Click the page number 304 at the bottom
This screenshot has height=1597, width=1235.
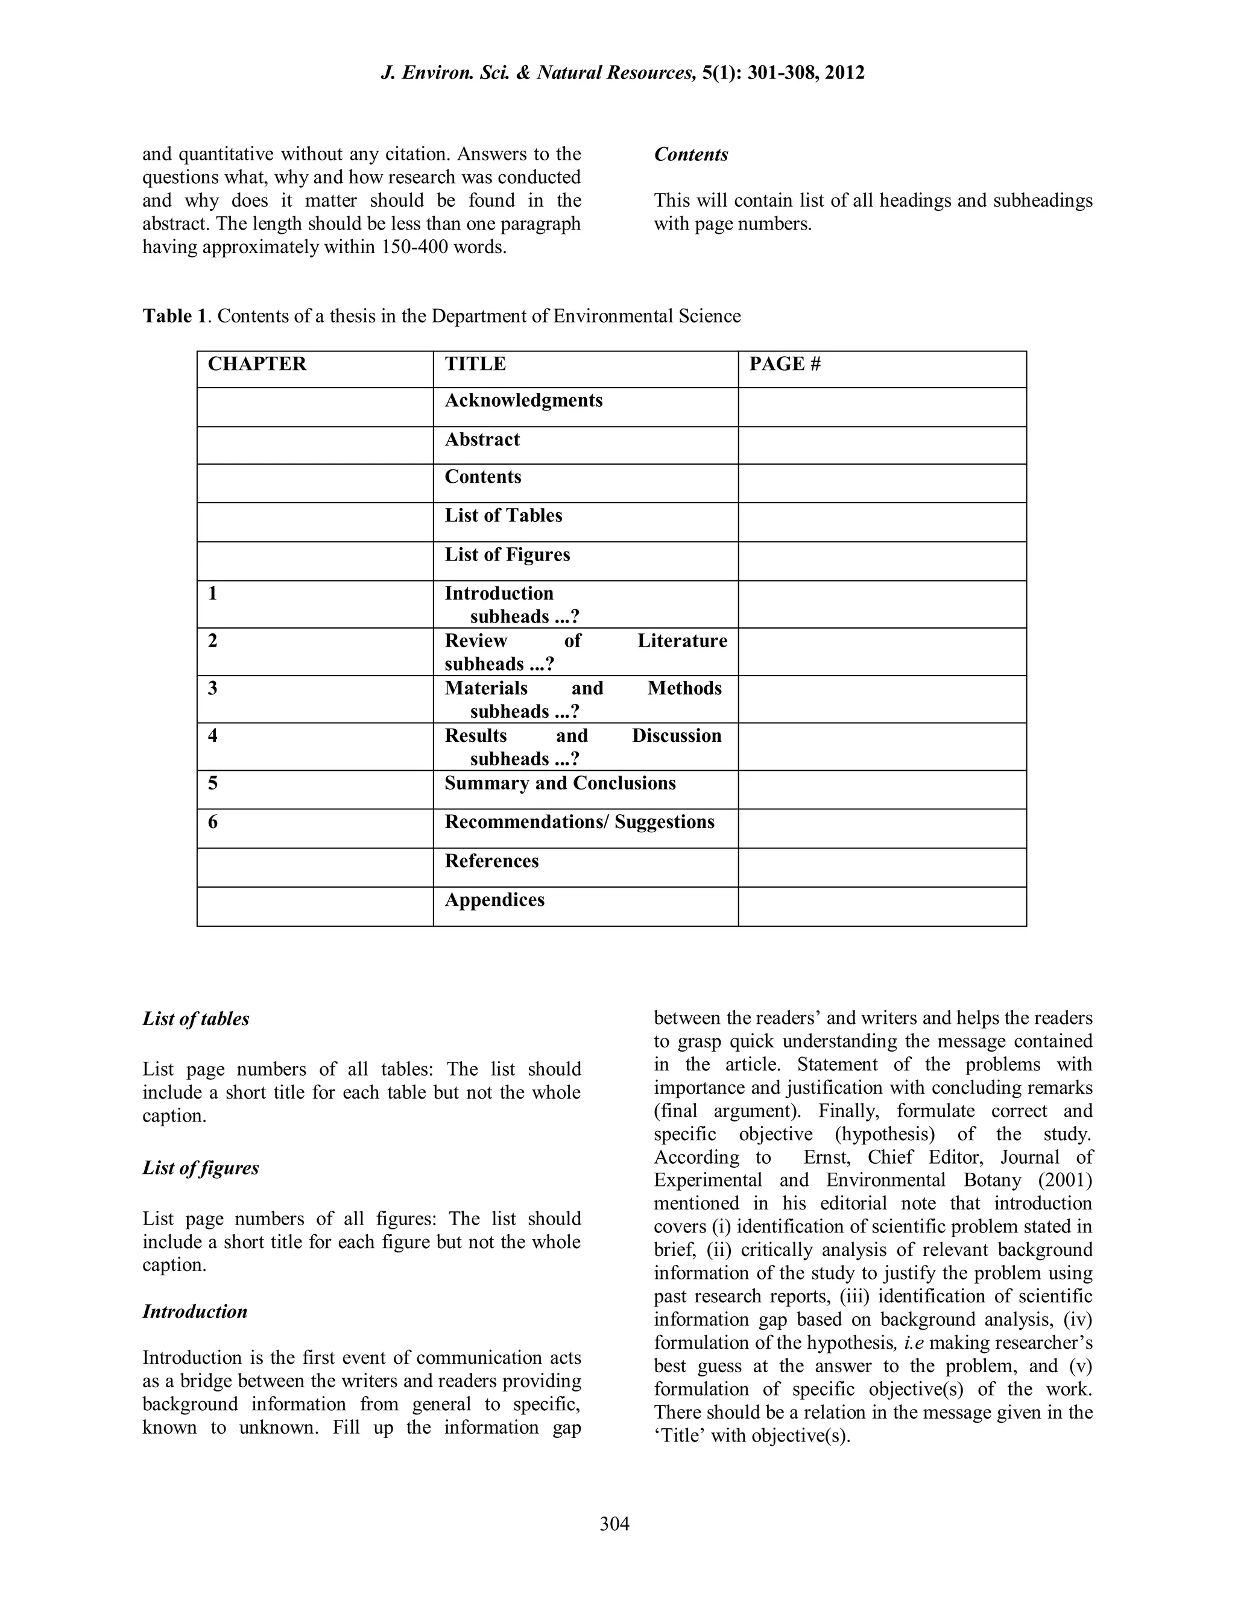[x=614, y=1524]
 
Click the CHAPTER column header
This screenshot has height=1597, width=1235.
[x=257, y=364]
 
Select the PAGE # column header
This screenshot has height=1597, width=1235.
[x=785, y=364]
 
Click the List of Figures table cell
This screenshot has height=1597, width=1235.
[x=507, y=554]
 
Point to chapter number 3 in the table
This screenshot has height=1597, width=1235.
[x=213, y=688]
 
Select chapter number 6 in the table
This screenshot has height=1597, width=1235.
[x=213, y=822]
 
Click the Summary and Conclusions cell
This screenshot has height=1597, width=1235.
[x=560, y=783]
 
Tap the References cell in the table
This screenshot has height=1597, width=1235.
[x=491, y=861]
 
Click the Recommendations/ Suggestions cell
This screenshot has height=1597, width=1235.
[x=579, y=822]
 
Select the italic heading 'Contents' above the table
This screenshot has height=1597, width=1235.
[x=690, y=154]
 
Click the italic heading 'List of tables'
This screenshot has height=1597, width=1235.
[x=195, y=1018]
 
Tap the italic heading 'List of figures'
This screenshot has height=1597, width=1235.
[x=200, y=1168]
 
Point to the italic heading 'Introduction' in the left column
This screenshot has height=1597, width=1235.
[x=195, y=1311]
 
